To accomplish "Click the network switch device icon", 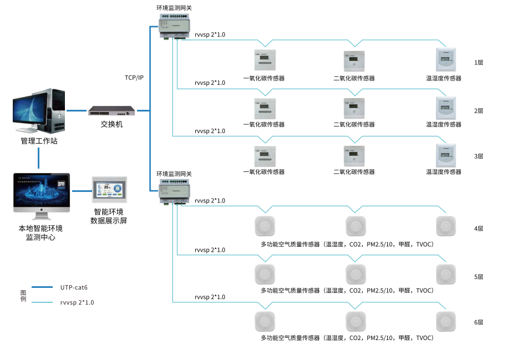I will point(112,111).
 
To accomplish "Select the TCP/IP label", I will point(134,78).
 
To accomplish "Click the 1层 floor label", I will point(478,63).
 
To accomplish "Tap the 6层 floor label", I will point(478,322).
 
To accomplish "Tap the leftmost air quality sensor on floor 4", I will point(264,226).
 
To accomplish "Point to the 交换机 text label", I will point(112,124).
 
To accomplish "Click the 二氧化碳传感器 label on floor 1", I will point(354,78).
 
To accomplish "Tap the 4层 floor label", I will point(478,229).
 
